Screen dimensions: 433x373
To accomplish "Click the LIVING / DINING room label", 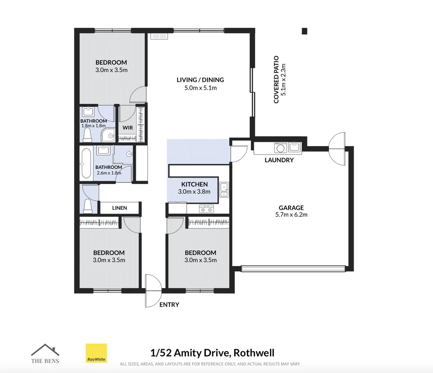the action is point(200,80).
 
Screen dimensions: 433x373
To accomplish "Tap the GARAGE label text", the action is point(291,208).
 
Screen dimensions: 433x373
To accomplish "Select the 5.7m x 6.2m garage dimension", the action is point(291,214).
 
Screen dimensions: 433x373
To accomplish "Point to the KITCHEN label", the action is point(194,184).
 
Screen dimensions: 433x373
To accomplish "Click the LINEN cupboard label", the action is point(119,208).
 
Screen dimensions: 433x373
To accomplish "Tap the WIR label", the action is point(128,127).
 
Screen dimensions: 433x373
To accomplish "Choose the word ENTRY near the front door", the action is point(169,305).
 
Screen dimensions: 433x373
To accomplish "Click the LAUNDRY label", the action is point(279,160).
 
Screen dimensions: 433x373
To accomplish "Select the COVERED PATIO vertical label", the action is point(276,79).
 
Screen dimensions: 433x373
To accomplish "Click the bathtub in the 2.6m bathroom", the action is point(86,163).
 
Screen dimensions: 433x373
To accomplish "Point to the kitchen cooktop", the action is point(206,209).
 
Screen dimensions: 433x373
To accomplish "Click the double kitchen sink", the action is point(224,190).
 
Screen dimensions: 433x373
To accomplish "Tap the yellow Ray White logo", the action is point(96,353).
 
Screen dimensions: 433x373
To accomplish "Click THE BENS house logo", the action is point(45,354).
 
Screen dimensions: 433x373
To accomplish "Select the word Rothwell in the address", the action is point(254,353).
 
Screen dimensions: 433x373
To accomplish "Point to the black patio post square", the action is point(304,31).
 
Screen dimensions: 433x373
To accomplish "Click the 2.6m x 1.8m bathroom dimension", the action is point(109,173).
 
